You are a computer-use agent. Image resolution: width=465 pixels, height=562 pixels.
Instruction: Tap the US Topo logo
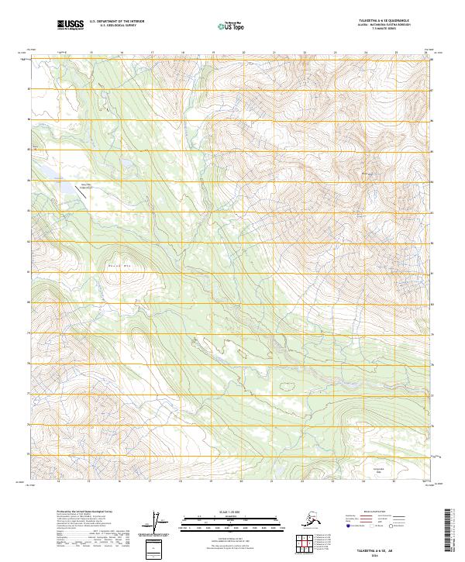231,26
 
